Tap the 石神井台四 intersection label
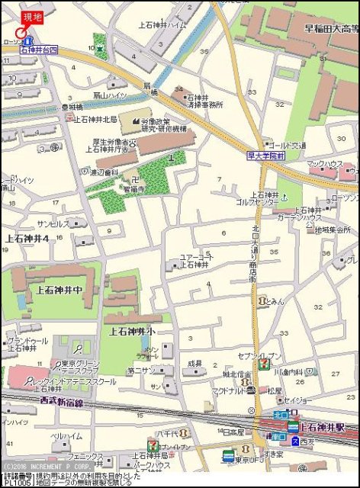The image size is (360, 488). click(39, 50)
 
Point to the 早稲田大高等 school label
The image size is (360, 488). click(331, 29)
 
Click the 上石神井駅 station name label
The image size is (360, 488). click(323, 426)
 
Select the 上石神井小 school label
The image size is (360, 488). click(133, 332)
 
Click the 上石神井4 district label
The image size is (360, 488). click(27, 239)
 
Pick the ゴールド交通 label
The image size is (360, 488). click(288, 145)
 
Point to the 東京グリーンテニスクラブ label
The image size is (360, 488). click(83, 367)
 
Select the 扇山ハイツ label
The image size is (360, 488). click(110, 95)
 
